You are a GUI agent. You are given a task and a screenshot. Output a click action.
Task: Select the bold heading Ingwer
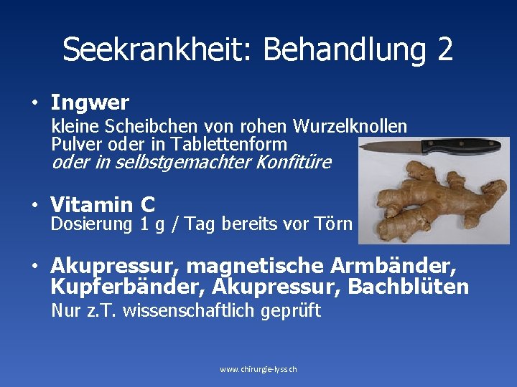[90, 102]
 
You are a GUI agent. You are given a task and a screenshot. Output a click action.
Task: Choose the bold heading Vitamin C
[103, 205]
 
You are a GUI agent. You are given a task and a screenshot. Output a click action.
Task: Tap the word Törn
[333, 224]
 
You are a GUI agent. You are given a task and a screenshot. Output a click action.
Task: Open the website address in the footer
[258, 369]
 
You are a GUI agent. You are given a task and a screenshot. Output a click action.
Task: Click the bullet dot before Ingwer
[34, 103]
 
